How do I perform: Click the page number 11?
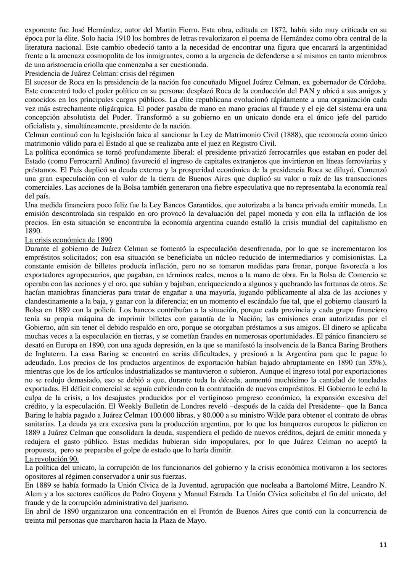click(383, 545)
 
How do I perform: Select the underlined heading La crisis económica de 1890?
click(68, 240)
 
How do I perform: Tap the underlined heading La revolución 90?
click(51, 459)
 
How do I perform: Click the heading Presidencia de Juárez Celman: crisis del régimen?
click(99, 74)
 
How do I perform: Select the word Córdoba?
click(372, 82)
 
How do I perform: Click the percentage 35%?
click(373, 363)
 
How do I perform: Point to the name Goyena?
click(155, 494)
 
